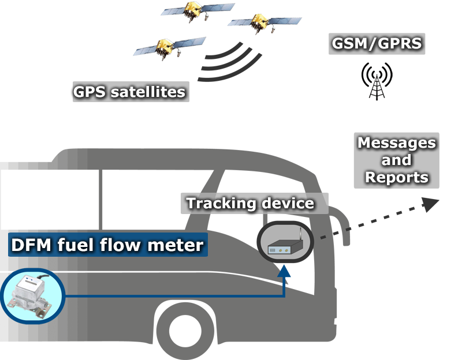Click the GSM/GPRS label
pos(377,43)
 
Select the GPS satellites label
pos(129,91)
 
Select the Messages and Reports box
pos(397,160)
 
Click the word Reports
pos(397,177)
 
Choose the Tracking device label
pos(249,203)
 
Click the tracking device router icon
pos(284,243)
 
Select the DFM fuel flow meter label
pos(107,245)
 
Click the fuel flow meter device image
pos(28,297)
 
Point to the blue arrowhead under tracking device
pos(284,268)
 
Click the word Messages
pos(397,143)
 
